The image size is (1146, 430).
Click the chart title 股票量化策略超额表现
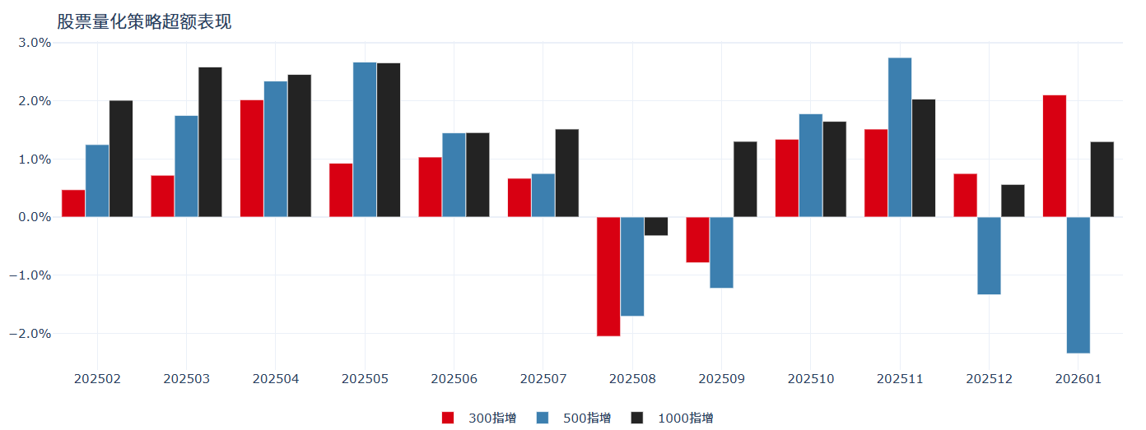[144, 22]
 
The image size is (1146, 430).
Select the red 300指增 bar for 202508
[608, 276]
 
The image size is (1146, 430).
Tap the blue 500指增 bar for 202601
[1078, 284]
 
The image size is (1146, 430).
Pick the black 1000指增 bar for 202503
[210, 142]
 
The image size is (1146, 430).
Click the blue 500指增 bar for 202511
[900, 137]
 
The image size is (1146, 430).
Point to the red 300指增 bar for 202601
[1054, 156]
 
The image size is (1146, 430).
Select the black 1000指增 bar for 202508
[656, 226]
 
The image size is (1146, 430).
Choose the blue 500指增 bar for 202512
[989, 256]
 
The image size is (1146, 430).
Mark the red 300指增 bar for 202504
[251, 159]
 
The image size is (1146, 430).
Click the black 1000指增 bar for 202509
[745, 179]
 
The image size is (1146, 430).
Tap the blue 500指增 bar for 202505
[365, 140]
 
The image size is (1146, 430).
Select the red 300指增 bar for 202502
[73, 203]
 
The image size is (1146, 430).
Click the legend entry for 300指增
[480, 418]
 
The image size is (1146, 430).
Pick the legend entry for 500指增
[575, 418]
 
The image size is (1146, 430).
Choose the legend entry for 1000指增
[673, 418]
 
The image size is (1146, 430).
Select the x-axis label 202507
[543, 379]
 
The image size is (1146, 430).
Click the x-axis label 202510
[811, 379]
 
